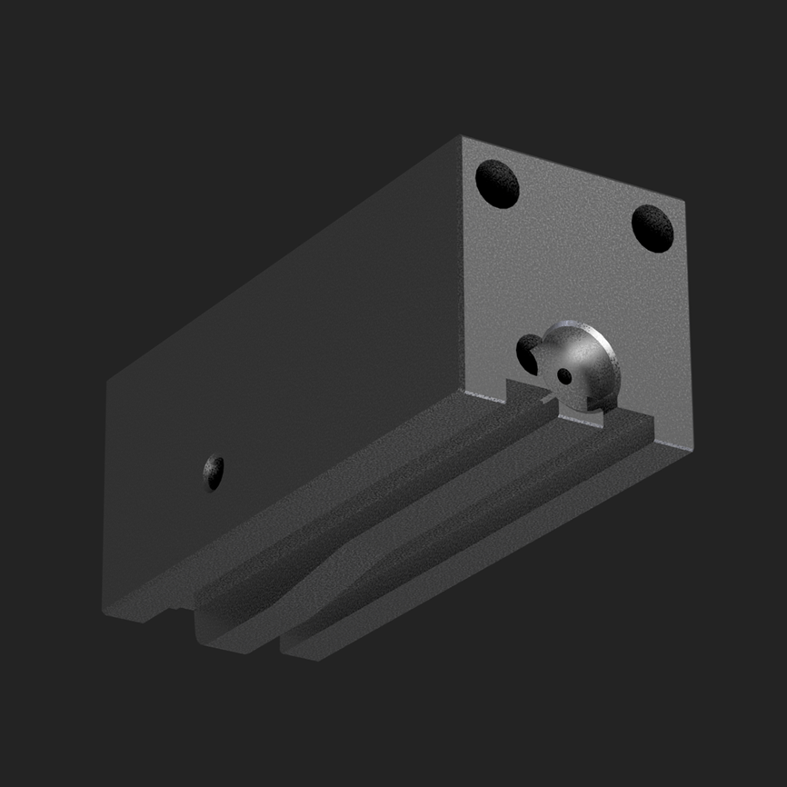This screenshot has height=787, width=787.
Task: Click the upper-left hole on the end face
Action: [x=498, y=183]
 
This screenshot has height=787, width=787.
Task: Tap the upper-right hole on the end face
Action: [x=653, y=227]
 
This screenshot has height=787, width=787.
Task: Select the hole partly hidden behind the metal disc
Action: [x=529, y=353]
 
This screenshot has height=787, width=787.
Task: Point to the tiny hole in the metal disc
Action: [x=565, y=374]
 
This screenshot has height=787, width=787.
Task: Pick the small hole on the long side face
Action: [x=214, y=472]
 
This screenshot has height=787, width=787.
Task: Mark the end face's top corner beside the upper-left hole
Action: [x=463, y=138]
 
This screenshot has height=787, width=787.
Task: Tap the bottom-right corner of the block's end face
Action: [x=692, y=447]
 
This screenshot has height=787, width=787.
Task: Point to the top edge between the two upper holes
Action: [x=573, y=169]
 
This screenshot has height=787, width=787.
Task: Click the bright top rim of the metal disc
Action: [x=582, y=325]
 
